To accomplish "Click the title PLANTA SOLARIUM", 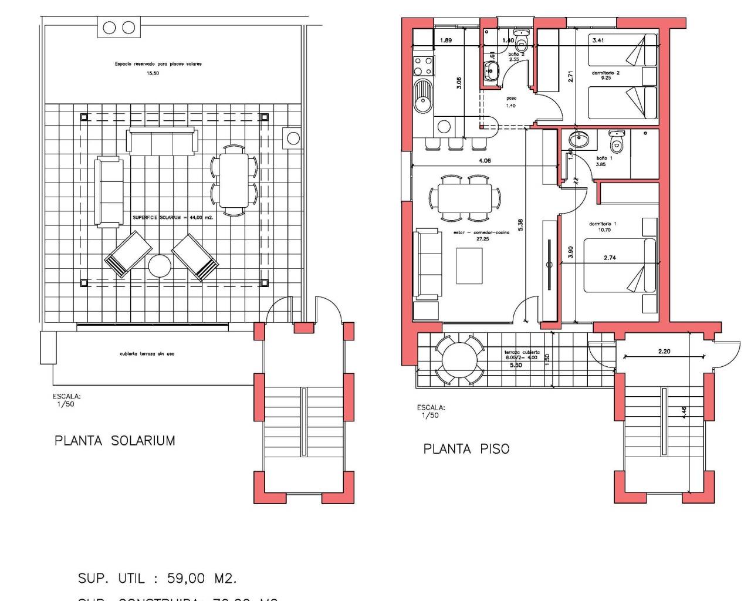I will pos(114,441).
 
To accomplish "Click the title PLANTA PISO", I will pos(466,449).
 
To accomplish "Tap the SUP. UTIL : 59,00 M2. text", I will pos(157,578).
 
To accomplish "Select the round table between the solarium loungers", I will pos(160,266).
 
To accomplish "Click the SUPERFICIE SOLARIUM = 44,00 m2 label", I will pos(172,217).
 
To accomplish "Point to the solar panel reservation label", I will pos(158,64).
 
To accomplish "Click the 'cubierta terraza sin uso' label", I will pos(147,354).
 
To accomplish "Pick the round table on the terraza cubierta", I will pos(461,359).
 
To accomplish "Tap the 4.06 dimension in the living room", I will pos(485,160).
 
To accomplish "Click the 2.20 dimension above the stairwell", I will pos(664,352).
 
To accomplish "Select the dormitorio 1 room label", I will pos(603,224).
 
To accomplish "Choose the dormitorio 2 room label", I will pos(605,73).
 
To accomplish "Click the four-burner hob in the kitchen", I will pos(423,66).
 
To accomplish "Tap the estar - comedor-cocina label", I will pos(481,232).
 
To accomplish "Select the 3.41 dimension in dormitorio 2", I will pos(598,40).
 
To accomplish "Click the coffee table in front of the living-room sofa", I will pos(469,266).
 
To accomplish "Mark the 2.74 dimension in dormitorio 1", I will pos(610,258).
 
